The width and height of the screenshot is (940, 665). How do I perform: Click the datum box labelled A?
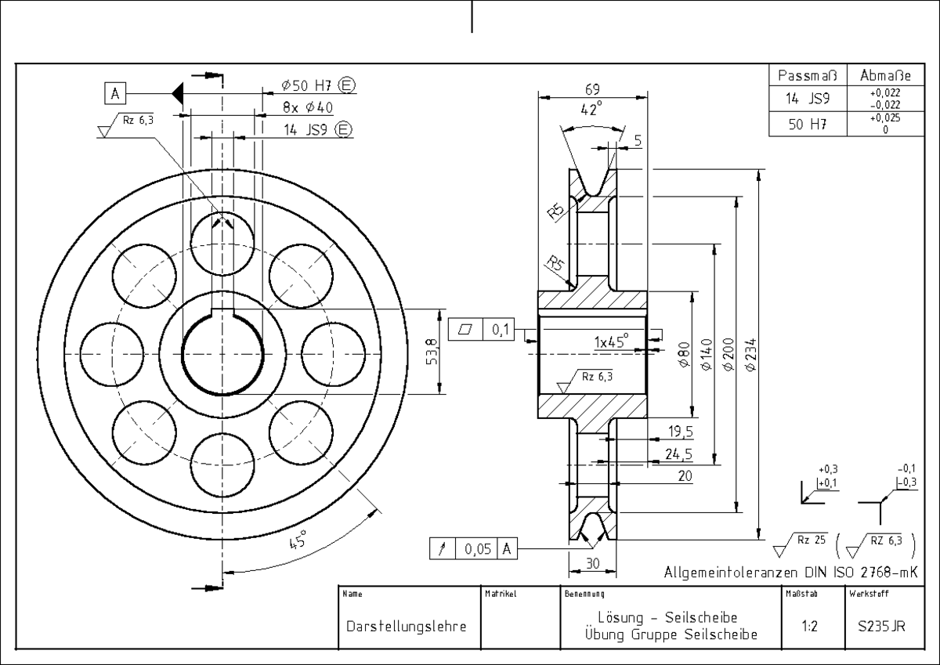click(115, 93)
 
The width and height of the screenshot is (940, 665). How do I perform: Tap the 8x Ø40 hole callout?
click(308, 107)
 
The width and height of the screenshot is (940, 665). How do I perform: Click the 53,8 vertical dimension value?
click(432, 352)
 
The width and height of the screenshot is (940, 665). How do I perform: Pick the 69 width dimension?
click(592, 89)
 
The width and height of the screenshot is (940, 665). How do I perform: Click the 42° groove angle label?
click(591, 109)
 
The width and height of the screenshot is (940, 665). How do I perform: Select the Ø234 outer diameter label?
click(751, 355)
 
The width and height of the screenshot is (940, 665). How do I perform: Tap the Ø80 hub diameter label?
click(684, 355)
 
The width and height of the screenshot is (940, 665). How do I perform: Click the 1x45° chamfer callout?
click(612, 342)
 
